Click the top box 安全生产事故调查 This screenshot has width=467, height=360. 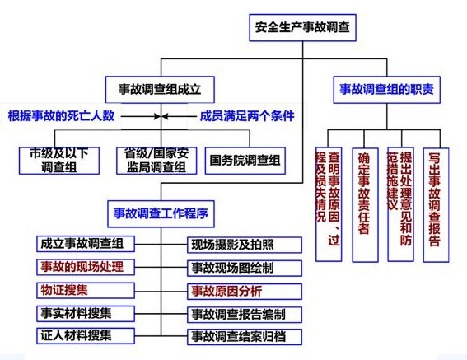click(x=302, y=27)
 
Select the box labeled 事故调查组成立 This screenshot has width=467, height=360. click(x=160, y=90)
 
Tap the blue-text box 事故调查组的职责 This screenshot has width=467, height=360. click(x=386, y=90)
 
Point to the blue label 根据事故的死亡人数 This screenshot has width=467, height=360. click(x=61, y=116)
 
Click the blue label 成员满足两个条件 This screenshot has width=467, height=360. click(x=247, y=116)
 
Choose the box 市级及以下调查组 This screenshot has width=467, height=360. click(x=59, y=161)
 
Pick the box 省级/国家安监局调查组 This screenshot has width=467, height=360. click(x=156, y=161)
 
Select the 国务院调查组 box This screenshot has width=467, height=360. click(x=245, y=161)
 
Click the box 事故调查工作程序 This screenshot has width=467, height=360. click(x=161, y=213)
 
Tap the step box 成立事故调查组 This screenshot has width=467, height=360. click(x=86, y=244)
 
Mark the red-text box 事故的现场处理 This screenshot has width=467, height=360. click(x=86, y=267)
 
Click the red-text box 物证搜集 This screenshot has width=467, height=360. click(x=86, y=290)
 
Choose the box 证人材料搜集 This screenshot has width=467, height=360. click(x=86, y=336)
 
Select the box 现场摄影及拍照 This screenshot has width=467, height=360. click(x=245, y=245)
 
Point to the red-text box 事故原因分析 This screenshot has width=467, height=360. click(x=245, y=291)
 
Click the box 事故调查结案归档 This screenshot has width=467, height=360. click(x=245, y=337)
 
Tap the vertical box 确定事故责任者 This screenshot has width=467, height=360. click(x=365, y=205)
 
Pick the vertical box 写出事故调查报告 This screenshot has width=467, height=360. click(x=436, y=205)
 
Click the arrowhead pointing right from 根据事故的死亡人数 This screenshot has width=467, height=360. click(x=157, y=116)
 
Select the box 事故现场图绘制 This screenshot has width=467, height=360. click(x=245, y=268)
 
